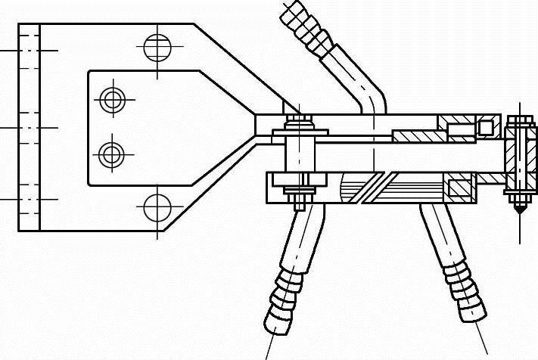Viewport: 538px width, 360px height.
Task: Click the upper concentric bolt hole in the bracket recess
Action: tap(112, 99)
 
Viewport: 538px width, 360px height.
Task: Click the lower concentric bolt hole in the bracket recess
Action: tap(112, 154)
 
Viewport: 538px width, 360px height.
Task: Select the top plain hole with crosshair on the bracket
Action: tap(157, 48)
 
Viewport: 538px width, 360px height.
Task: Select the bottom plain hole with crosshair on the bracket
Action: tap(157, 206)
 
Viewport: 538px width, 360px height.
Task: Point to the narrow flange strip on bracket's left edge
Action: tap(29, 127)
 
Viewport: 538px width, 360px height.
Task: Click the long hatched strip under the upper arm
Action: tap(419, 136)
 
